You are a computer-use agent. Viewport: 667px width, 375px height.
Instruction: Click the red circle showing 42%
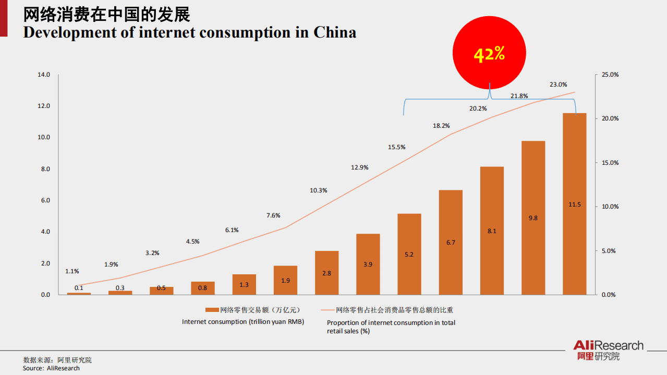(489, 54)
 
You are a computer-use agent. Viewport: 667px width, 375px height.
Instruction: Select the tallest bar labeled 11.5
(574, 203)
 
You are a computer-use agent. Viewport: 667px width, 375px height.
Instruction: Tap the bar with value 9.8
(533, 217)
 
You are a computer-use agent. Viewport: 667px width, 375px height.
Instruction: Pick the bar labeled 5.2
(409, 254)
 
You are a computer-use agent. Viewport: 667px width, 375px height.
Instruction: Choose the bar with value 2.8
(326, 273)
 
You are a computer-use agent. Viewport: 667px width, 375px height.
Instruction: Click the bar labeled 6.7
(451, 242)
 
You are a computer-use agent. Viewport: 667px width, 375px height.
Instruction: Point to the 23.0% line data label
(558, 84)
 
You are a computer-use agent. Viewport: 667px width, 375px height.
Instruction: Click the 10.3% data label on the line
(318, 190)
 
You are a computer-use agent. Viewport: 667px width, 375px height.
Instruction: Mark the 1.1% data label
(72, 271)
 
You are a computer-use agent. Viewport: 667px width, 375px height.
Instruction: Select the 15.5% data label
(396, 147)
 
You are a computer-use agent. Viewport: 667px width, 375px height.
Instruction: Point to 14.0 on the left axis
(44, 75)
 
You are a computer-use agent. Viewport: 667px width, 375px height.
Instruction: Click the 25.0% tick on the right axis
(610, 75)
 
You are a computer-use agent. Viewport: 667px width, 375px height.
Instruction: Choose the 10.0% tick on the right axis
(610, 207)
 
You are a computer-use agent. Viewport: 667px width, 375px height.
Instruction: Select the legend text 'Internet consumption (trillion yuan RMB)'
(242, 322)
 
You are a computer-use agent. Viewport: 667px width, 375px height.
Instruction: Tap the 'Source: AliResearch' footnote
(51, 368)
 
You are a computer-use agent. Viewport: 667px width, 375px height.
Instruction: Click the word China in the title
(334, 32)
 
